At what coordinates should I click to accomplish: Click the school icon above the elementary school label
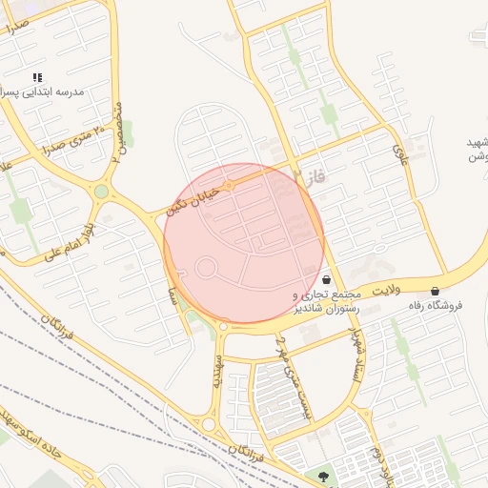coord(38,77)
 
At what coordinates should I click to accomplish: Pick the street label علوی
coord(400,152)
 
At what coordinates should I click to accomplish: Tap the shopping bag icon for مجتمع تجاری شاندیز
coord(329,280)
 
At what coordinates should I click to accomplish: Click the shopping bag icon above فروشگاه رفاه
coord(436,291)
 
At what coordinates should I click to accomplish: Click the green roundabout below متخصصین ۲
coord(101,192)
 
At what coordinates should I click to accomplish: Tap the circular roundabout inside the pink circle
coord(205,268)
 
